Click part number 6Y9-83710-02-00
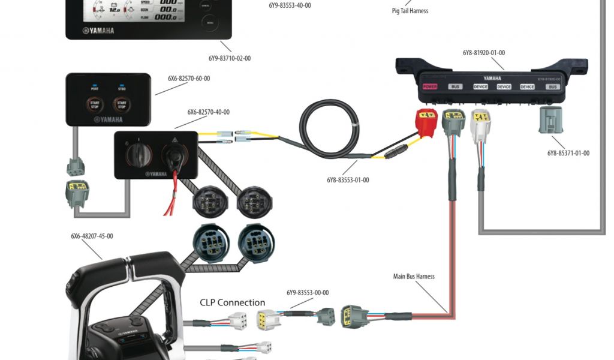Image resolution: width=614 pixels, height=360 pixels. click(x=230, y=58)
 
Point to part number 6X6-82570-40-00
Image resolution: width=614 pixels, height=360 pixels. click(x=208, y=112)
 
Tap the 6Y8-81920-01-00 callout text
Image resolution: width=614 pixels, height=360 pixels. click(x=483, y=53)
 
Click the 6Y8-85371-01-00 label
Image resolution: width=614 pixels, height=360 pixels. click(x=568, y=153)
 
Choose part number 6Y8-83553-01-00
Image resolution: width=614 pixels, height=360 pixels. click(x=348, y=180)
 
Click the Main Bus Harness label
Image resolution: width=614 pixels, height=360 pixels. click(x=414, y=277)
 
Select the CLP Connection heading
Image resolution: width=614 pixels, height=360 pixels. click(x=232, y=302)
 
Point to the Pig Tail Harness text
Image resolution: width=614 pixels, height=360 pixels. click(x=410, y=11)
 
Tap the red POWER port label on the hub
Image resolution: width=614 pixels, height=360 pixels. click(x=430, y=86)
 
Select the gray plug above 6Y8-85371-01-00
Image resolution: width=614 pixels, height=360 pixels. click(x=551, y=120)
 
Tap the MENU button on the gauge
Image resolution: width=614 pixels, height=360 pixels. click(x=210, y=23)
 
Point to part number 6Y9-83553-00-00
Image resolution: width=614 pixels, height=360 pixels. click(x=308, y=293)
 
